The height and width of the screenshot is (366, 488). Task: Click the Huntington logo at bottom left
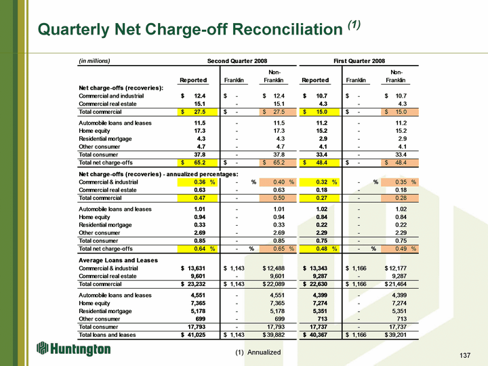pos(73,348)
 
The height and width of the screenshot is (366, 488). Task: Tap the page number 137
pos(465,355)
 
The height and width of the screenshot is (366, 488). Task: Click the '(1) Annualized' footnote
pos(258,352)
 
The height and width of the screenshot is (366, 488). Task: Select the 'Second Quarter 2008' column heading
pos(237,61)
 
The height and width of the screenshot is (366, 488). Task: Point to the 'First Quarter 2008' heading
pos(359,61)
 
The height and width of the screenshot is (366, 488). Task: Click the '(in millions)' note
pos(94,61)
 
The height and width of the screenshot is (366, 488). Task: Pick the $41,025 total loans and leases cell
pos(193,335)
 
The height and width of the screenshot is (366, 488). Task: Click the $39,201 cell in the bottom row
pos(396,335)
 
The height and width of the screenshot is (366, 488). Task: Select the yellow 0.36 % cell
pos(197,182)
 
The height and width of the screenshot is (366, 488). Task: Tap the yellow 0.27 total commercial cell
pos(319,198)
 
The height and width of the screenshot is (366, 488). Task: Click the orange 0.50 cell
pos(277,198)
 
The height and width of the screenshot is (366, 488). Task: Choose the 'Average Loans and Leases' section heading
pos(118,260)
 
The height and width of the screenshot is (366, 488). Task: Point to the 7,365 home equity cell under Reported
pos(198,303)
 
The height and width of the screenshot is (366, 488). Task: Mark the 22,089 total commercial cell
pos(274,284)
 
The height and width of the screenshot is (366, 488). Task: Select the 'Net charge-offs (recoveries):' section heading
pos(121,88)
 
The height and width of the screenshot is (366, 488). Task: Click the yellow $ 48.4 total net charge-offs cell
pos(319,163)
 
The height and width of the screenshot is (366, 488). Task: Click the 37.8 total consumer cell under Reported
pos(199,155)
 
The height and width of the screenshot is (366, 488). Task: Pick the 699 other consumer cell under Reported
pos(201,319)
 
